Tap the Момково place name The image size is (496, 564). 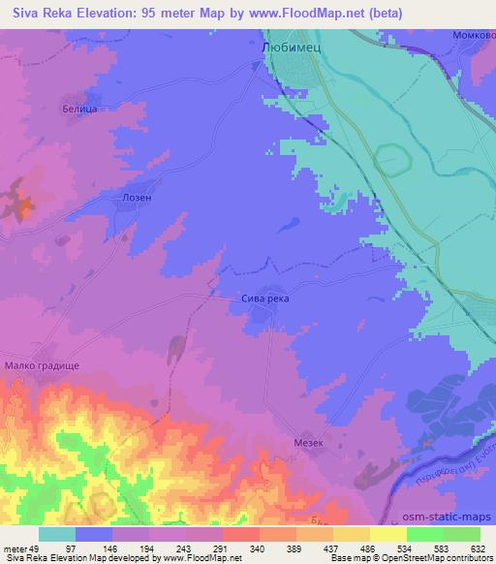473,34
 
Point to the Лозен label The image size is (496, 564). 137,195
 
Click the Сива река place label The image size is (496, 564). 264,299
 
